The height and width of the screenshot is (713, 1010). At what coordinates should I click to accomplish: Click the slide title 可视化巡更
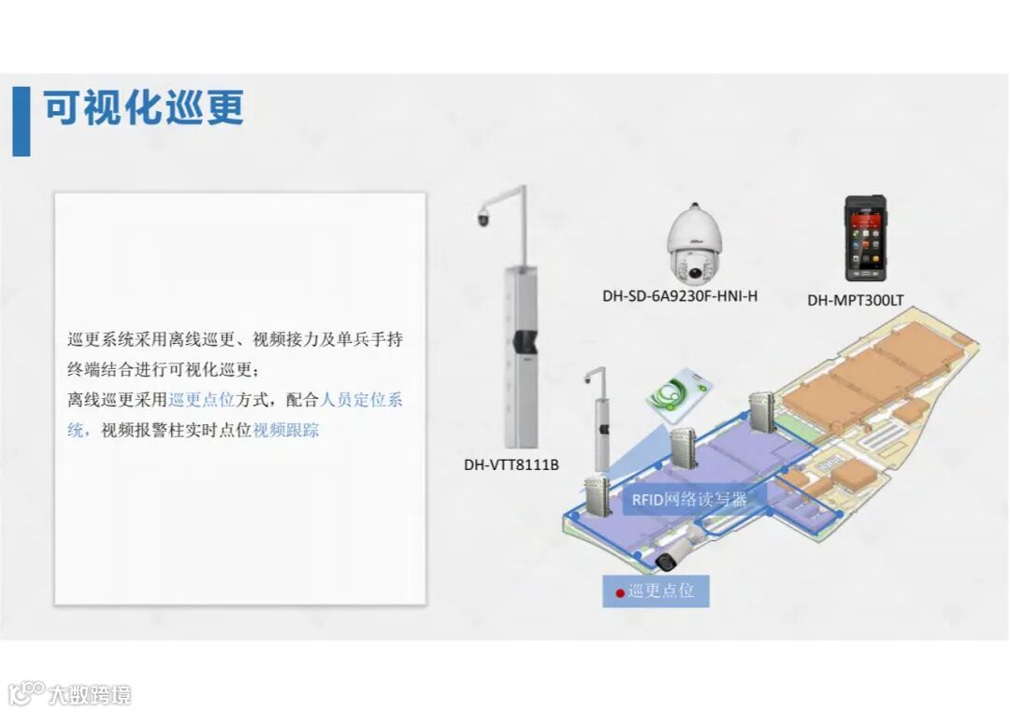click(x=143, y=109)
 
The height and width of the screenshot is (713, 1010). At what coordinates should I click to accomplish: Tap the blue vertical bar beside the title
click(x=21, y=121)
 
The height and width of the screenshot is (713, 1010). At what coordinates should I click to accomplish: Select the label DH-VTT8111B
click(x=511, y=463)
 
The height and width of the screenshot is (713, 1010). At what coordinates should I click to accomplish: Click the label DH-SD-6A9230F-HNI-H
click(x=680, y=296)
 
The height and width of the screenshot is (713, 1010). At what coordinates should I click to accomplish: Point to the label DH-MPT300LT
click(x=855, y=301)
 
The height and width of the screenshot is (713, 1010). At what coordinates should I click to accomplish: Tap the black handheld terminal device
click(x=864, y=238)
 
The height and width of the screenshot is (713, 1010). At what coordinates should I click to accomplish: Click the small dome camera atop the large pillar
click(x=483, y=219)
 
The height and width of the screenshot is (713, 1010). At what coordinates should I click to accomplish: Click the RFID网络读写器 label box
click(x=689, y=499)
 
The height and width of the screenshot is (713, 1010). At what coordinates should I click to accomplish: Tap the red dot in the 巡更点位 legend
click(x=619, y=592)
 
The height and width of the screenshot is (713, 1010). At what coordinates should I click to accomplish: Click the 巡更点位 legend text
click(x=660, y=592)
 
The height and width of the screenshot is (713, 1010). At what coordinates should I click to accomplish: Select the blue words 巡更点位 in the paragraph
click(x=201, y=400)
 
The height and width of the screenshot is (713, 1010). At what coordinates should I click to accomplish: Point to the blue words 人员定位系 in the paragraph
click(x=361, y=400)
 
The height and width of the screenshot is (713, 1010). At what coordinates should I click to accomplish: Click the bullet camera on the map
click(x=667, y=561)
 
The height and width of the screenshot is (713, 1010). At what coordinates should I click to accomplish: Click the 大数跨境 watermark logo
click(x=70, y=693)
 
